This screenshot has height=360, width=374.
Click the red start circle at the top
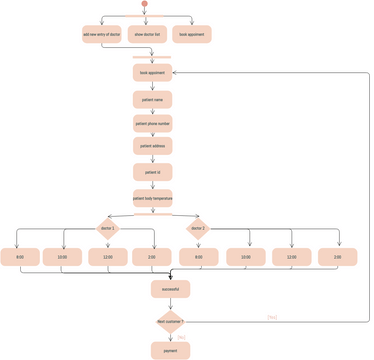[145, 5]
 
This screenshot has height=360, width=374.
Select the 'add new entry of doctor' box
[101, 35]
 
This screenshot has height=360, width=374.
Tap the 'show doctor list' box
[146, 35]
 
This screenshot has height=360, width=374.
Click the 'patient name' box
[152, 99]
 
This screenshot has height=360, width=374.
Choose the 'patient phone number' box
[152, 123]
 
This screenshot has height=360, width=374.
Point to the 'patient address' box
[152, 147]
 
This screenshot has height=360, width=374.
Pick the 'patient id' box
[152, 172]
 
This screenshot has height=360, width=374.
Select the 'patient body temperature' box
[152, 197]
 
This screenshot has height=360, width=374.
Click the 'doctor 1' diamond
[108, 229]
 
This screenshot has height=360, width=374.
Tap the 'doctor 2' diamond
[197, 229]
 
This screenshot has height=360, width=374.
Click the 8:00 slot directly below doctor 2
[198, 257]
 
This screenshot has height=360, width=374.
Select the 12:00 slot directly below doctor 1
[108, 257]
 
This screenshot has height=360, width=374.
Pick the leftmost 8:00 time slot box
[21, 257]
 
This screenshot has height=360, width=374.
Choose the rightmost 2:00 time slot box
[337, 257]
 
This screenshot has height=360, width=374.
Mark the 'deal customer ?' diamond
[170, 321]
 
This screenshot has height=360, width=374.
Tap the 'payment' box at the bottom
[170, 350]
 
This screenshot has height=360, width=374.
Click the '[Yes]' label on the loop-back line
[272, 317]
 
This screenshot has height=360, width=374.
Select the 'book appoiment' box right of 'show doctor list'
[191, 35]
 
